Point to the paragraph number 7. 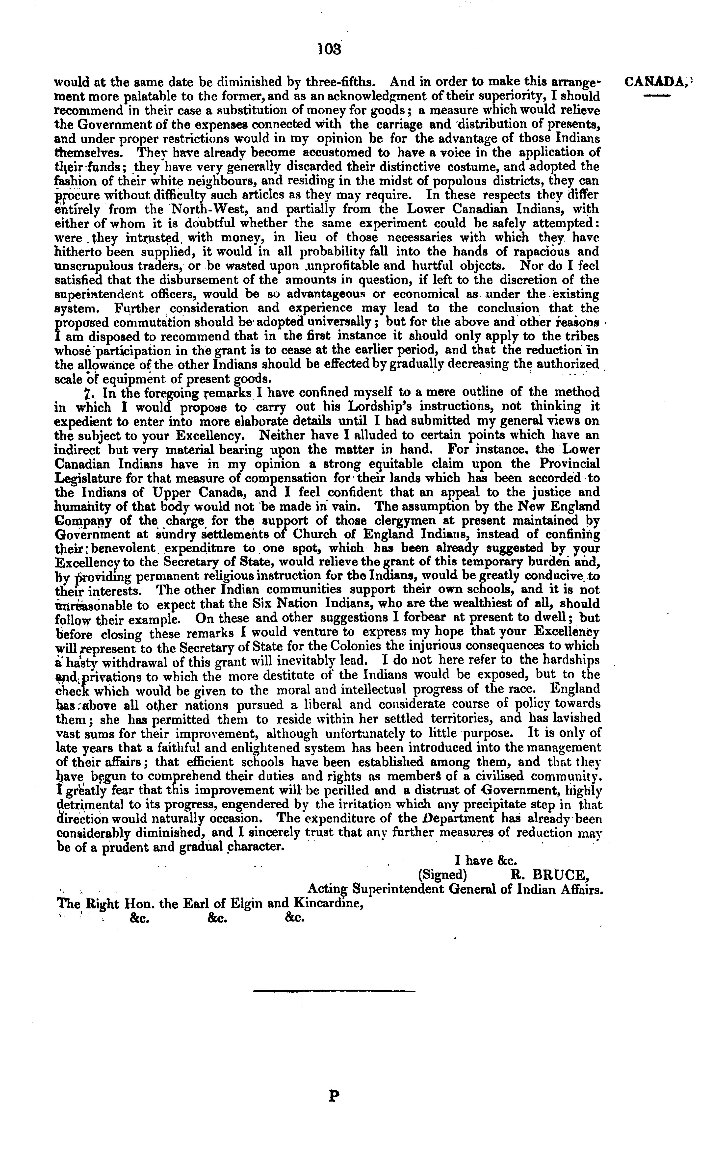tap(87, 393)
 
